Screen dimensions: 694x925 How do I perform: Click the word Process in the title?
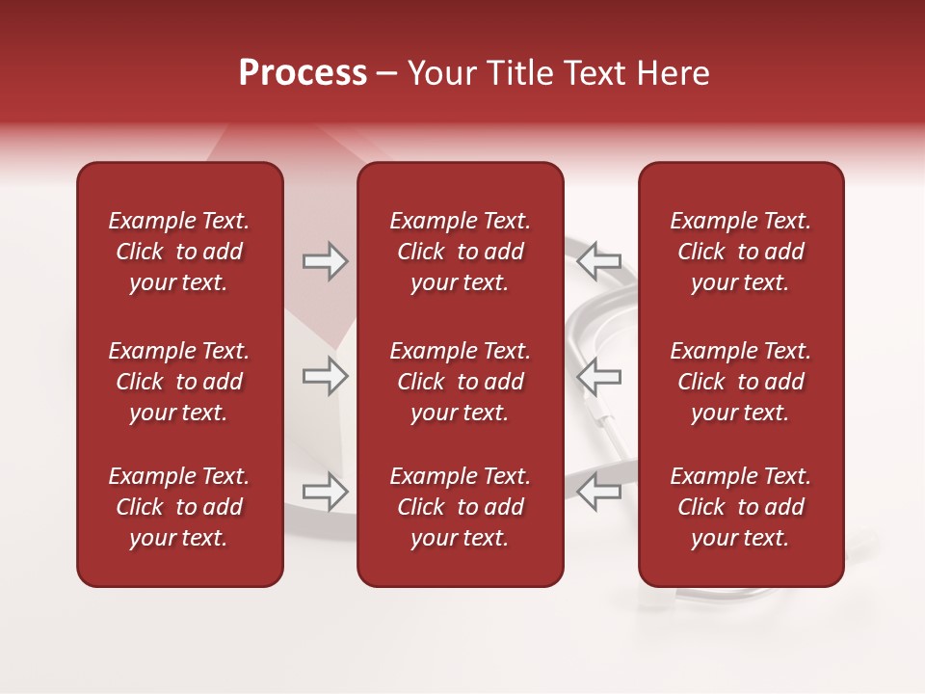point(303,73)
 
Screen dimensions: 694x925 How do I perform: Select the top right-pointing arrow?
point(325,261)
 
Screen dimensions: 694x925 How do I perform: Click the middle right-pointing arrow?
point(325,376)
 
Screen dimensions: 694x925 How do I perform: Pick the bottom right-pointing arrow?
point(325,491)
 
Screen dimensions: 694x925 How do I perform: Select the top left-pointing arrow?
point(599,261)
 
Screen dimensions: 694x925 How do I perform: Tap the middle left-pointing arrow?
point(599,376)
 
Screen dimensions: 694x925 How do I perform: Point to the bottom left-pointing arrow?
point(599,491)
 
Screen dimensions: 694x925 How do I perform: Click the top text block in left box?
point(179,252)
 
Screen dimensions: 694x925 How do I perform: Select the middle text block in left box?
point(179,382)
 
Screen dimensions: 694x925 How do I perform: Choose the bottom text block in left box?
point(179,507)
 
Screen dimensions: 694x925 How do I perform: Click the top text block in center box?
point(460,252)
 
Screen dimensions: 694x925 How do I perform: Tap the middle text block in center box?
point(460,382)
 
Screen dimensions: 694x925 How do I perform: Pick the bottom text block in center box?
point(460,507)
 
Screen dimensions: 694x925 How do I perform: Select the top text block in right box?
point(740,252)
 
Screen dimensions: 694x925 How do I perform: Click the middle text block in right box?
point(740,382)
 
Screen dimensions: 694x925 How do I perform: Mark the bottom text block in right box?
point(740,507)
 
